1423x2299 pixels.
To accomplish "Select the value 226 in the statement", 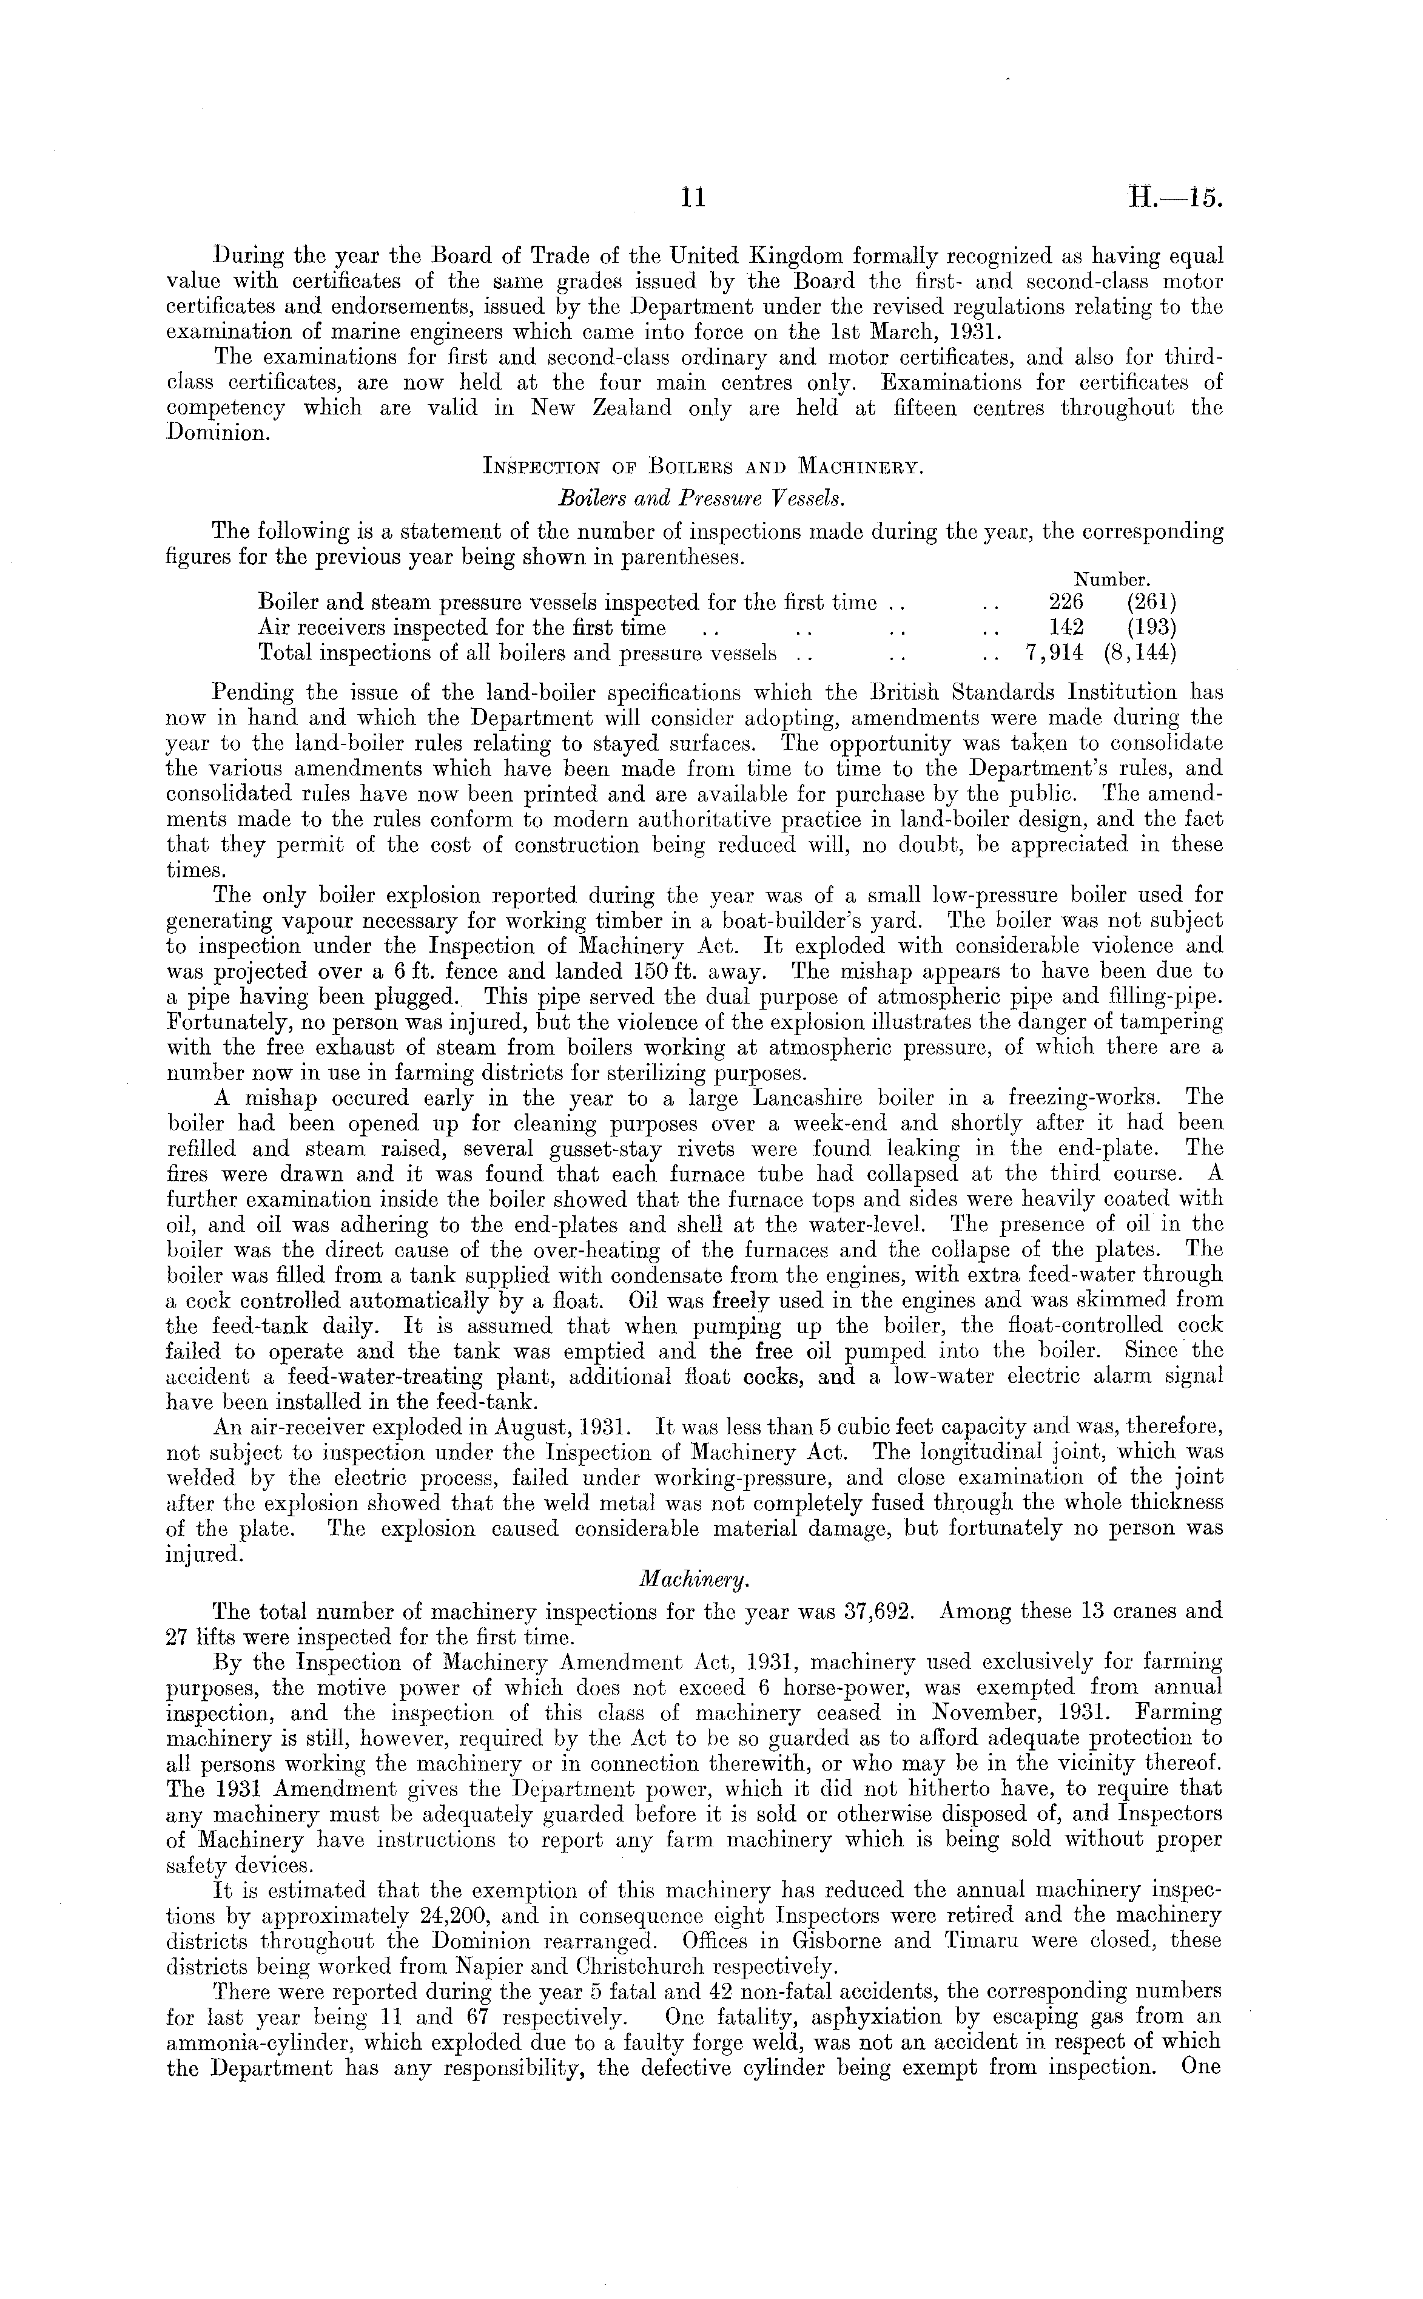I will click(1066, 601).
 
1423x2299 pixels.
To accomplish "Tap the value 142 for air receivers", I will click(1066, 627).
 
